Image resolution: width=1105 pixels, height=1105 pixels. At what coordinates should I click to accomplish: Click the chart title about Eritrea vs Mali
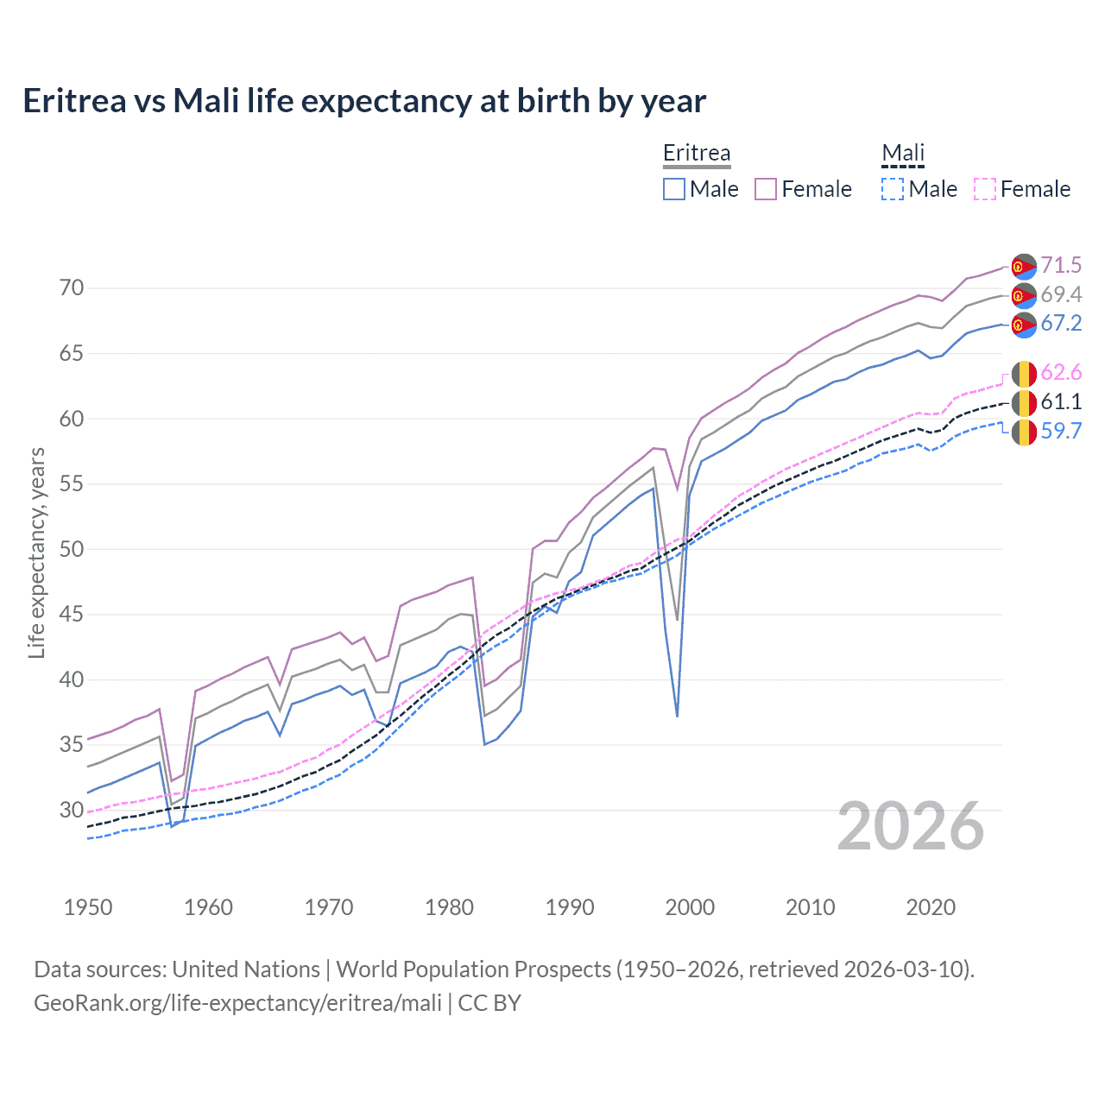(364, 101)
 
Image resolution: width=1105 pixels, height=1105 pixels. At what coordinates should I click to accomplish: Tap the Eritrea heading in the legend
(697, 153)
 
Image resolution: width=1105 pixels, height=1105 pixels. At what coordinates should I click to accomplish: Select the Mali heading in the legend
(903, 153)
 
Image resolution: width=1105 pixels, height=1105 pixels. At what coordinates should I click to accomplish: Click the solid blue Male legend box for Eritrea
(674, 189)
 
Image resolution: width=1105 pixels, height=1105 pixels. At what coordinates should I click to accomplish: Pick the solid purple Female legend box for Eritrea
(766, 189)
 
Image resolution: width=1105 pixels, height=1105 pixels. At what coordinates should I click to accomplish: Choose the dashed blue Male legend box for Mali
(893, 189)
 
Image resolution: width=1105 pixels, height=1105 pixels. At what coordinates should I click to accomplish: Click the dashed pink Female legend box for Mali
(984, 189)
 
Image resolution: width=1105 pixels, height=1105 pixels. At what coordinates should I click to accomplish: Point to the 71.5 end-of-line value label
(1061, 265)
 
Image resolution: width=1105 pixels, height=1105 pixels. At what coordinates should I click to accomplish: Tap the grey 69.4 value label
(1061, 294)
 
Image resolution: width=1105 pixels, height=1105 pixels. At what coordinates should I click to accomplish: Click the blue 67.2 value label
(1061, 323)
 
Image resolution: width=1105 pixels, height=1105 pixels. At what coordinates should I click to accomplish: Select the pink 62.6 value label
(1061, 372)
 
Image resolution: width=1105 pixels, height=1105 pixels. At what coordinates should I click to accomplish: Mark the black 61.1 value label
(1061, 401)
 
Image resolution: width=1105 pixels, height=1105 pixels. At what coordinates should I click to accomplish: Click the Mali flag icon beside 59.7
(1024, 432)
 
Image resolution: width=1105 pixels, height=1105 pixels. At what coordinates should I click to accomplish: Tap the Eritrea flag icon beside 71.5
(1024, 266)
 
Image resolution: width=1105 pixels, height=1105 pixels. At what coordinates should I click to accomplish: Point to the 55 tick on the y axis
(72, 483)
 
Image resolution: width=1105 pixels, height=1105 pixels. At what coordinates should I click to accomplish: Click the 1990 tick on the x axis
(570, 907)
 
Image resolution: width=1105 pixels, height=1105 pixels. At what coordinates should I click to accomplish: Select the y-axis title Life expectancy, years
(36, 552)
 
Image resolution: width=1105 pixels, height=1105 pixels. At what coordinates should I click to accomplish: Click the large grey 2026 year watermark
(910, 826)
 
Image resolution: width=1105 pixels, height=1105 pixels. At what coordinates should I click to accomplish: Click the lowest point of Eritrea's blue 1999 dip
(677, 716)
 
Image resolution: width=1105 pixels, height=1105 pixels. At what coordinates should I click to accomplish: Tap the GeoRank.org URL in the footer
(237, 1002)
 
